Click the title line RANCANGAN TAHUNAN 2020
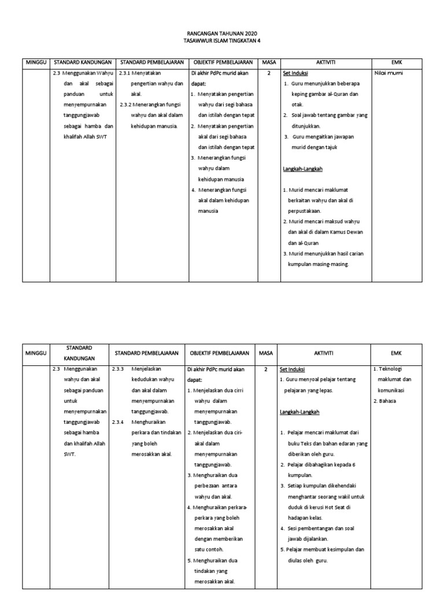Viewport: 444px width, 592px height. pos(221,34)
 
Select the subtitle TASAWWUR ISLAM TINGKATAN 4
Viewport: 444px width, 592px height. pos(221,42)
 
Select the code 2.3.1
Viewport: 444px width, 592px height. pos(124,73)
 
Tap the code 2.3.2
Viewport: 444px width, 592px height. pos(125,105)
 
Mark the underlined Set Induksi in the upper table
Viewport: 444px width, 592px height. pos(295,73)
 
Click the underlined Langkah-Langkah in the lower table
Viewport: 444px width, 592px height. pos(299,412)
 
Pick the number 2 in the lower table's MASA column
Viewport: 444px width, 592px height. pos(266,369)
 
